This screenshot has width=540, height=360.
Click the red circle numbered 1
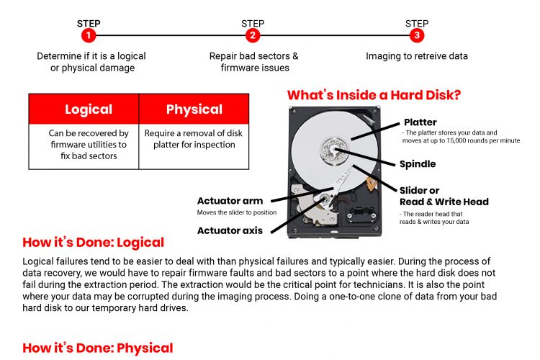coord(89,35)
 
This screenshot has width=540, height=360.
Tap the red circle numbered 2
coord(253,35)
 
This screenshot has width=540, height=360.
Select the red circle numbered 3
coord(417,35)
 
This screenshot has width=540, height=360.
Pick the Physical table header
coord(194,109)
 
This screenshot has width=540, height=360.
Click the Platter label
coord(420,122)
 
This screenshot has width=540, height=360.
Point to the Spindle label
coord(418,164)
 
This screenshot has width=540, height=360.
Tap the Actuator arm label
coord(230,201)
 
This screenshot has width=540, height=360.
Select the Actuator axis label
coord(230,230)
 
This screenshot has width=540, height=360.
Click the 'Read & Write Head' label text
coord(444,202)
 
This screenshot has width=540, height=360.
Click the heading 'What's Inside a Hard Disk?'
coord(374,95)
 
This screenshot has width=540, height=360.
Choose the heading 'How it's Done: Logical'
coord(94,243)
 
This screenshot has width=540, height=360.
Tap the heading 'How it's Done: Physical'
coord(98,348)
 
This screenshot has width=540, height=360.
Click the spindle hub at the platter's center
coord(333,150)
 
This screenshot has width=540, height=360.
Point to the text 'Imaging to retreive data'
coord(417,56)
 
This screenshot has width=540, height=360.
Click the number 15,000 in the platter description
coord(459,140)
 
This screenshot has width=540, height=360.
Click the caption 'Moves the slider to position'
coord(237,212)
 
